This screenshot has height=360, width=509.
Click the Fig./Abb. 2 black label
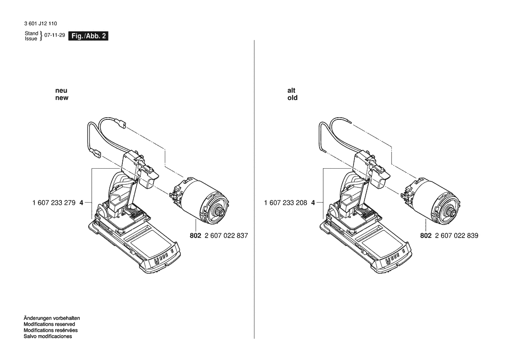coord(88,36)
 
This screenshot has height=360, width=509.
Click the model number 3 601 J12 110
coord(40,24)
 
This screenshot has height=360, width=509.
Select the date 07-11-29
coord(54,35)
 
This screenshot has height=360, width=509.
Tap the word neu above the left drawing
coord(61,91)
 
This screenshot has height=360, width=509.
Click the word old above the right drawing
coord(293,98)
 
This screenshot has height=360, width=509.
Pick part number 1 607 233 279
coord(54,203)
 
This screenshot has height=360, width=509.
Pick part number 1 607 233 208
coord(286,203)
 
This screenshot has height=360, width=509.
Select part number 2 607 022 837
coord(226,235)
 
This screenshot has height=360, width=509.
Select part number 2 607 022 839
coord(457,235)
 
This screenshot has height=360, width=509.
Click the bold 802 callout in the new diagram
coord(196,235)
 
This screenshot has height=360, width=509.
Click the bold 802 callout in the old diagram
coord(426,235)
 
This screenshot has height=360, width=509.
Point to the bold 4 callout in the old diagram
coord(313,203)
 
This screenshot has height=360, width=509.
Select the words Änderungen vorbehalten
coord(52,319)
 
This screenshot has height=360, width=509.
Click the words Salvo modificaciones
coord(48,336)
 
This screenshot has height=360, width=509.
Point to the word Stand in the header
coord(31,33)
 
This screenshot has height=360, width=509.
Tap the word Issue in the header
coord(31,39)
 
